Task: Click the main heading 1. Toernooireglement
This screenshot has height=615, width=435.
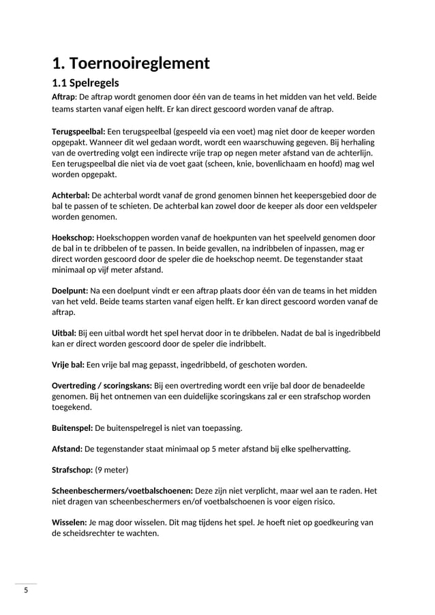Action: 131,64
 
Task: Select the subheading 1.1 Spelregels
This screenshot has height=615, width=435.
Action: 86,83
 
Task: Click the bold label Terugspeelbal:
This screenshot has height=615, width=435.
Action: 78,130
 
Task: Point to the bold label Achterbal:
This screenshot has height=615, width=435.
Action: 70,194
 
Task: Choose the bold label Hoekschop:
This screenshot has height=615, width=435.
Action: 73,237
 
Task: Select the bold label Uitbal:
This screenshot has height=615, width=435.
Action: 64,333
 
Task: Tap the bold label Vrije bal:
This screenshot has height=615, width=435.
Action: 68,364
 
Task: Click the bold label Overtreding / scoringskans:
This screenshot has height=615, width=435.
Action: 102,385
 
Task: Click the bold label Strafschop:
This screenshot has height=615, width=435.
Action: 72,470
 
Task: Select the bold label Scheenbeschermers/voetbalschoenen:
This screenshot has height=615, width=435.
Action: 122,492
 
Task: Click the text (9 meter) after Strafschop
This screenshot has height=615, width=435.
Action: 112,470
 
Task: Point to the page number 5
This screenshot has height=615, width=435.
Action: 26,590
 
